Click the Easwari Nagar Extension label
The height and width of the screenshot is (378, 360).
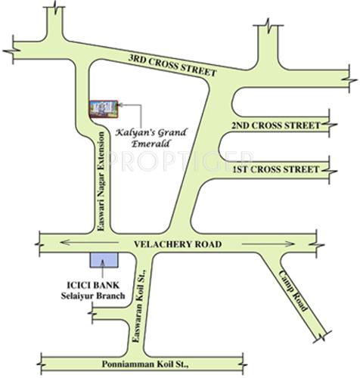(x=98, y=180)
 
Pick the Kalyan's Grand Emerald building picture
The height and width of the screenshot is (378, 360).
(x=105, y=108)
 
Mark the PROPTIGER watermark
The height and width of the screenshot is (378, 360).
(x=179, y=161)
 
